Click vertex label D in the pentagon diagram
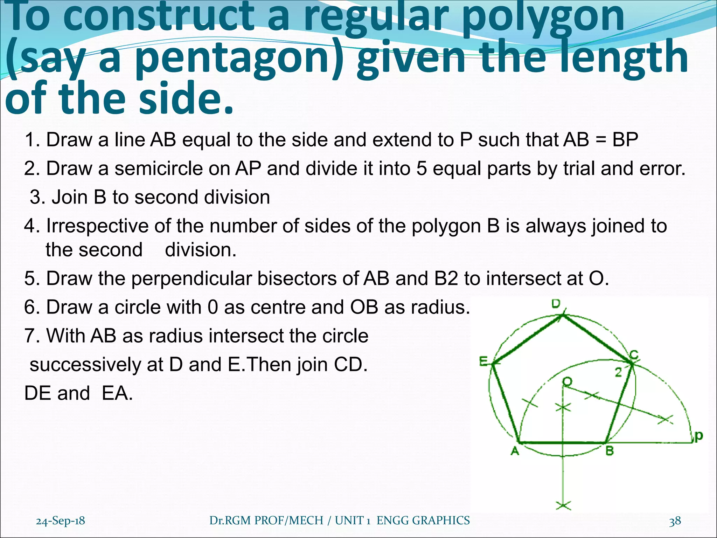(556, 304)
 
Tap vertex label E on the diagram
(483, 361)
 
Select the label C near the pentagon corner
(634, 355)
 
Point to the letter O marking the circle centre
(567, 381)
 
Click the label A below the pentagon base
(515, 451)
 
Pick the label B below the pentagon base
(610, 451)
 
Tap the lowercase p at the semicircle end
(698, 436)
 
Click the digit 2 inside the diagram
(619, 373)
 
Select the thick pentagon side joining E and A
(505, 403)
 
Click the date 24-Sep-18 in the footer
(60, 521)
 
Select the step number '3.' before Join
(39, 197)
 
